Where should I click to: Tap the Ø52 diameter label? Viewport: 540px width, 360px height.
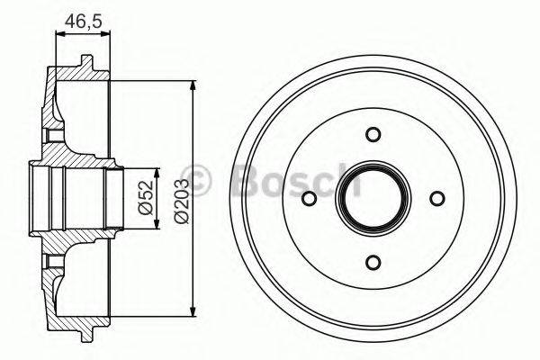tap(144, 197)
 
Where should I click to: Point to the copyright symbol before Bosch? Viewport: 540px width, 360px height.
tap(195, 179)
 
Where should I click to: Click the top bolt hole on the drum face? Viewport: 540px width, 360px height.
tap(373, 134)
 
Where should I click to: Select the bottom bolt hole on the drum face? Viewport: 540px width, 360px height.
tap(373, 262)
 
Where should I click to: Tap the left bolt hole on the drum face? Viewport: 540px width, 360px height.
tap(309, 198)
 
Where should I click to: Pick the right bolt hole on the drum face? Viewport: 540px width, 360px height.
tap(437, 198)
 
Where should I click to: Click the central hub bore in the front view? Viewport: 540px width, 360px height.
tap(373, 198)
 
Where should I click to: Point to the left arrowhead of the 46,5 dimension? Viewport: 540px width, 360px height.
tap(59, 34)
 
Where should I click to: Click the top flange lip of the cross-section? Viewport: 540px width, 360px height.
tap(85, 62)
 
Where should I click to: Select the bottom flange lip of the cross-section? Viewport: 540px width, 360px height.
tap(85, 334)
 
